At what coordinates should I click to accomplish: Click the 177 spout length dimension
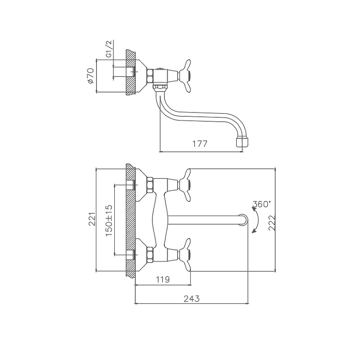click(x=200, y=144)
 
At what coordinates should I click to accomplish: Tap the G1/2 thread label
click(x=109, y=49)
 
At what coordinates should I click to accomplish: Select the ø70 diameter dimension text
click(x=90, y=76)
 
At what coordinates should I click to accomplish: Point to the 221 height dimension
click(x=92, y=219)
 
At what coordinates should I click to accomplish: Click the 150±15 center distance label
click(x=109, y=220)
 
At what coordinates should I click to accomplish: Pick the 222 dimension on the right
click(x=272, y=223)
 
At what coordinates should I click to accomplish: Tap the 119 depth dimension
click(x=163, y=279)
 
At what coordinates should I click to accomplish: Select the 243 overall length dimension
click(x=192, y=298)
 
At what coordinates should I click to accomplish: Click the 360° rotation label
click(x=261, y=204)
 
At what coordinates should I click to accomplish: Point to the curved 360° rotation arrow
click(x=256, y=220)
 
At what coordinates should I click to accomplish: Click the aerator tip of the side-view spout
click(x=242, y=142)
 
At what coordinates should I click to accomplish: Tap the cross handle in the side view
click(x=185, y=76)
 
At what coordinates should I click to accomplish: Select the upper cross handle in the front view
click(x=185, y=185)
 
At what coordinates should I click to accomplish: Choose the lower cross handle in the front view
click(x=185, y=255)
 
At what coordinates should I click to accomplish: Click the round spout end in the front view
click(x=243, y=220)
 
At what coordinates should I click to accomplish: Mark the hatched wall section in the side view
click(x=130, y=72)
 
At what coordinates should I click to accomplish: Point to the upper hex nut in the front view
click(x=150, y=185)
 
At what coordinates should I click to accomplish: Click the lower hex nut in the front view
click(x=150, y=255)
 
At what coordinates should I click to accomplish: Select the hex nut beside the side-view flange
click(x=150, y=76)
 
